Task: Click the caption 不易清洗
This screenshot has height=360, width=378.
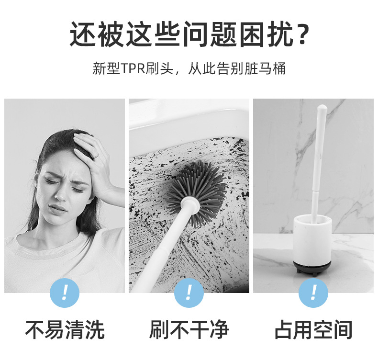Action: (x=65, y=330)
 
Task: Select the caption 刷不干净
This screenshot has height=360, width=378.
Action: (x=189, y=330)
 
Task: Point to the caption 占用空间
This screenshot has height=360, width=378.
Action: (x=313, y=330)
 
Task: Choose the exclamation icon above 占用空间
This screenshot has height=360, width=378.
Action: (x=313, y=292)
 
